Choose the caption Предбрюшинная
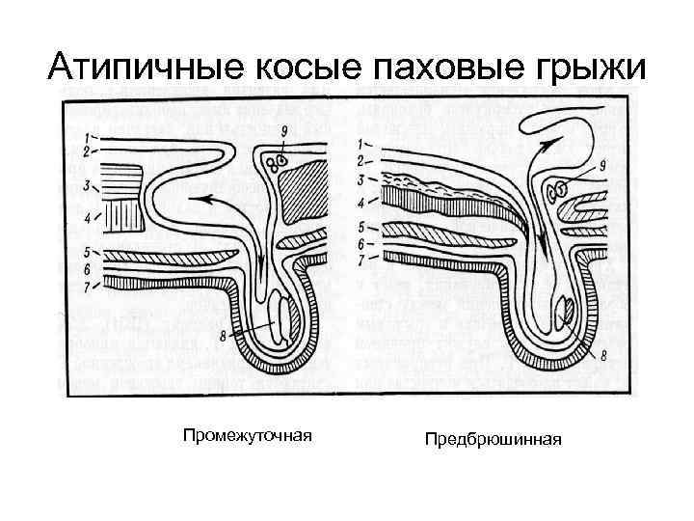coord(493,440)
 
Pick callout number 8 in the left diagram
coord(224,335)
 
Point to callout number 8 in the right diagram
coord(603,356)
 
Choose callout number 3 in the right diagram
coord(362,180)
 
